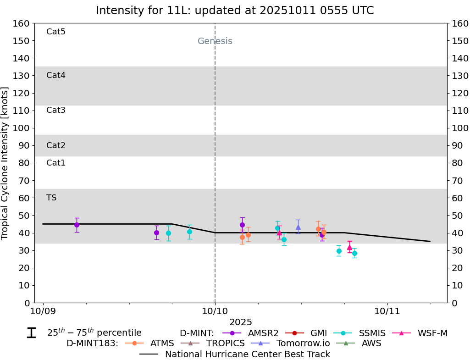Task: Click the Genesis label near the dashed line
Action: point(215,41)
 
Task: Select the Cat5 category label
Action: point(56,32)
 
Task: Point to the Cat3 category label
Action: point(56,110)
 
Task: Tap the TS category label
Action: point(51,198)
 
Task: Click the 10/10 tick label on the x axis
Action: point(215,312)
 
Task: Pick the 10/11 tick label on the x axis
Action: point(387,312)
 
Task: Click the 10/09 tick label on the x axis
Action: point(43,312)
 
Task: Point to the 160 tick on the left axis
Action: point(22,23)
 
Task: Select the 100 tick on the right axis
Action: point(459,128)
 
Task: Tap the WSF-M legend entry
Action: point(432,333)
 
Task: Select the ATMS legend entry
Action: point(162,343)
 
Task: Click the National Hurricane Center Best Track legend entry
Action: point(248,354)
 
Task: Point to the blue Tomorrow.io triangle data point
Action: point(298,227)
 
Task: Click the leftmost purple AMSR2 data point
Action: point(77,225)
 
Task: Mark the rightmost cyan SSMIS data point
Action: point(354,253)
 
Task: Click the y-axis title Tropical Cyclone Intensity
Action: point(6,163)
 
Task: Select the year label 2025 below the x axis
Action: point(241,322)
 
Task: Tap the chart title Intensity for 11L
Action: point(235,11)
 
